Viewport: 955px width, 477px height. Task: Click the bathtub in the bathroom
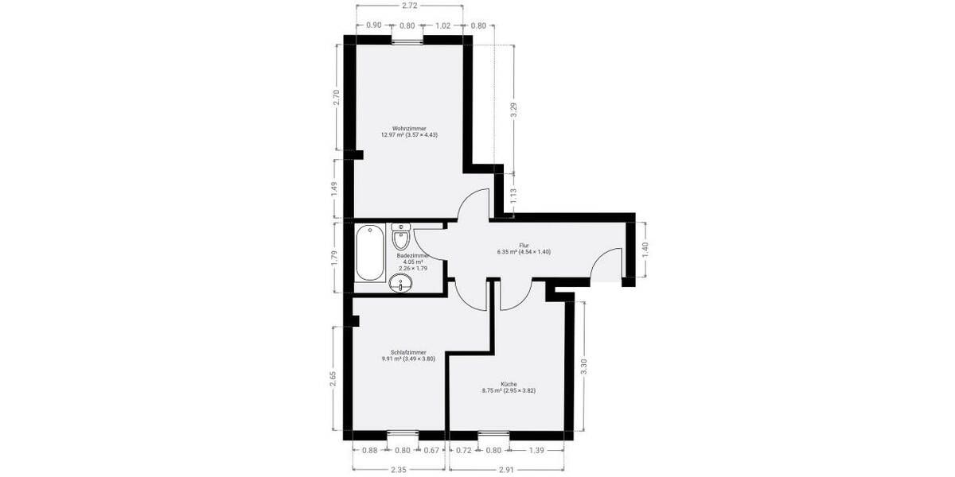click(369, 254)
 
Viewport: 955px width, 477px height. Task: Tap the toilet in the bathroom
click(401, 236)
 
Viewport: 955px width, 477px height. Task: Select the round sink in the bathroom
click(399, 284)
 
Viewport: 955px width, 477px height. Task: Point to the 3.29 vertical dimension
click(514, 111)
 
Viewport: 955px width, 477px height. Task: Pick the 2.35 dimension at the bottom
click(397, 470)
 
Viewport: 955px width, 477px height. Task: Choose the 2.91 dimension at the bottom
click(506, 470)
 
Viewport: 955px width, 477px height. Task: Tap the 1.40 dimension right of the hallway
click(645, 248)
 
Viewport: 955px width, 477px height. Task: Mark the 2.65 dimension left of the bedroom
click(334, 376)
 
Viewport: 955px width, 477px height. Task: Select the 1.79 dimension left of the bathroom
click(335, 257)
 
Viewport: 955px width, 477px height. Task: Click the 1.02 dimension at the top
click(443, 25)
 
